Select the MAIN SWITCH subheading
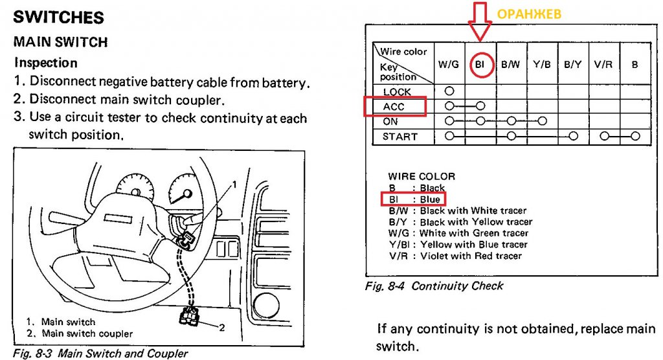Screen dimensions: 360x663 pyautogui.click(x=61, y=42)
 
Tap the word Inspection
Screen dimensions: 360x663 pyautogui.click(x=46, y=63)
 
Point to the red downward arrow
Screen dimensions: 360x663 pyautogui.click(x=479, y=29)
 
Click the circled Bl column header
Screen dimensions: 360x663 pyautogui.click(x=480, y=65)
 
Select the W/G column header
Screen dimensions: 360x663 pyautogui.click(x=449, y=65)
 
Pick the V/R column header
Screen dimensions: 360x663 pyautogui.click(x=603, y=65)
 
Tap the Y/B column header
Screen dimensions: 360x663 pyautogui.click(x=542, y=65)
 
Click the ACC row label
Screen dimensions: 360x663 pyautogui.click(x=394, y=106)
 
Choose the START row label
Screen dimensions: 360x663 pyautogui.click(x=400, y=137)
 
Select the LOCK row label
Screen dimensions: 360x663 pyautogui.click(x=397, y=92)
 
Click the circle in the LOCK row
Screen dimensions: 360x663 pyautogui.click(x=449, y=91)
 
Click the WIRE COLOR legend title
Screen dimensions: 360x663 pyautogui.click(x=421, y=176)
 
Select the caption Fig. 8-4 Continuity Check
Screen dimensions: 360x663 pyautogui.click(x=434, y=286)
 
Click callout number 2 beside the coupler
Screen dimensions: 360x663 pyautogui.click(x=222, y=328)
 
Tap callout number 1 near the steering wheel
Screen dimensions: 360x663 pyautogui.click(x=234, y=185)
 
